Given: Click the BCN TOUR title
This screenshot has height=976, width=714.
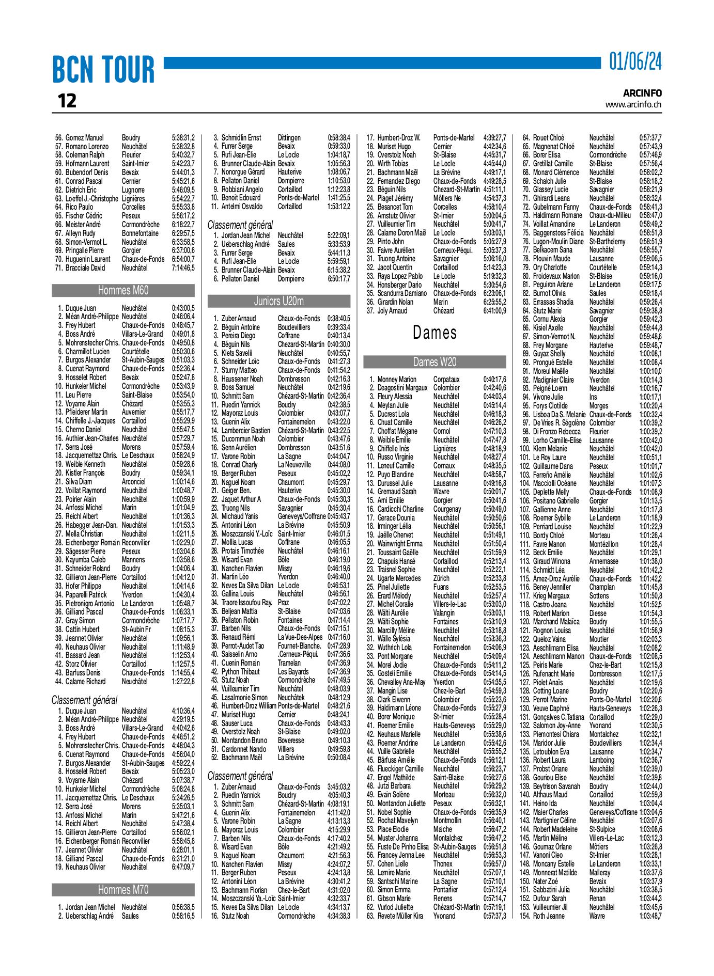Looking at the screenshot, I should [103, 70].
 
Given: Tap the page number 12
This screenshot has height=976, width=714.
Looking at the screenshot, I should [67, 101].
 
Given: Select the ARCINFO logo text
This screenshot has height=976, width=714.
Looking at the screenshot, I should [642, 93].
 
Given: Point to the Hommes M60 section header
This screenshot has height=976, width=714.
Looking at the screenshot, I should [123, 290].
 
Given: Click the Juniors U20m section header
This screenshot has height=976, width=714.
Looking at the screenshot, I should [279, 301].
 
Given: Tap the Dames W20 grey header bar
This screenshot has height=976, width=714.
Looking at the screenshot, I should [434, 362].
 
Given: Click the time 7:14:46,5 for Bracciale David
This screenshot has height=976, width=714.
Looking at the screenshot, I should [183, 268].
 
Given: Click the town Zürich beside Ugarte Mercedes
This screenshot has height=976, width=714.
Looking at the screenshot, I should [441, 578].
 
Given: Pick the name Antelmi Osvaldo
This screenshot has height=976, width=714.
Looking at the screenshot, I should [242, 207].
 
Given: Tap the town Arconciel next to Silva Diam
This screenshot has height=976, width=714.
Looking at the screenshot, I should [134, 481].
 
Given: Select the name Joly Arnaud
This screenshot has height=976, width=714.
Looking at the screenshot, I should [392, 310].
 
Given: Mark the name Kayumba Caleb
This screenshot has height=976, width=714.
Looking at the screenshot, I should [85, 559].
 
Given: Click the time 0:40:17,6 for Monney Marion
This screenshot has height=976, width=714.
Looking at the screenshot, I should [494, 380].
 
